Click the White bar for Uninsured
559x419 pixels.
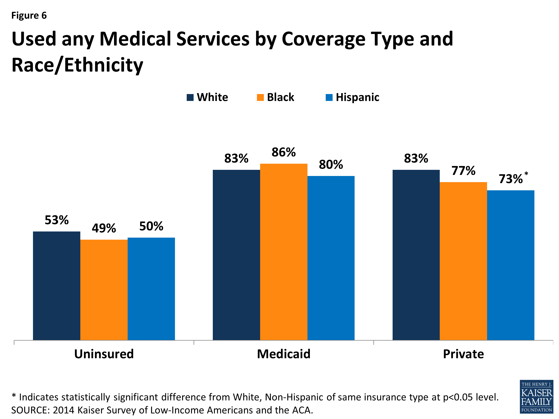[57, 285]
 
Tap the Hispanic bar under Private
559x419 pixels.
[511, 265]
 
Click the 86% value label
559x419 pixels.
[284, 152]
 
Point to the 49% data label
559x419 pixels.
[104, 228]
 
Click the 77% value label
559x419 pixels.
[463, 171]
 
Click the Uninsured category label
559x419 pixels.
[104, 354]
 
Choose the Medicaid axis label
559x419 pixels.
[284, 354]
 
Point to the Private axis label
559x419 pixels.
[463, 354]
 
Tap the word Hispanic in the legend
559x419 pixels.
[357, 97]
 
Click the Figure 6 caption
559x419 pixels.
[29, 15]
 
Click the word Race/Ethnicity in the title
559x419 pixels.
[77, 65]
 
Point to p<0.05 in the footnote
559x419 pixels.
[458, 397]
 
